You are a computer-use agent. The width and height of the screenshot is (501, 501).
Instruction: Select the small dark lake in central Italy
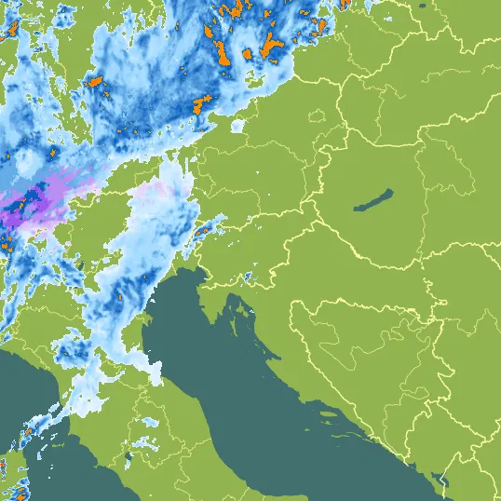pyautogui.click(x=127, y=457)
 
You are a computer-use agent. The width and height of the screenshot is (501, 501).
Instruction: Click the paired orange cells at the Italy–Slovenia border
pyautogui.click(x=200, y=229)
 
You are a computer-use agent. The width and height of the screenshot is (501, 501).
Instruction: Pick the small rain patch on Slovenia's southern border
pyautogui.click(x=248, y=277)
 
